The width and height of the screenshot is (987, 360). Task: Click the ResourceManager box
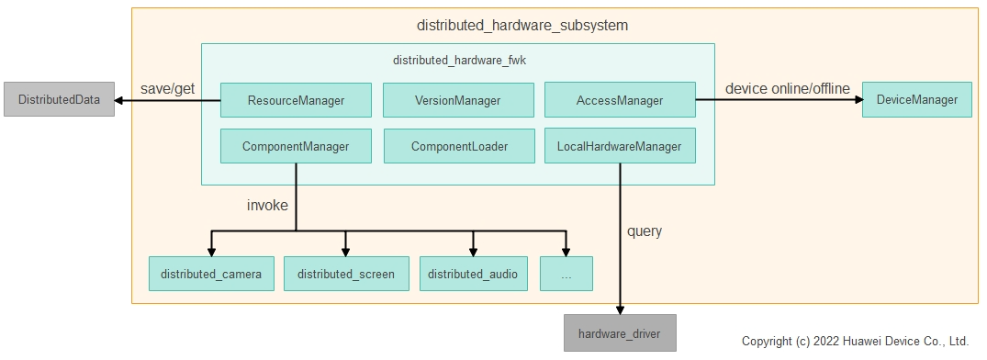click(x=296, y=100)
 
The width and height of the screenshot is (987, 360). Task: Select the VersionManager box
click(x=458, y=100)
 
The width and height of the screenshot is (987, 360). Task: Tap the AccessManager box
click(x=620, y=100)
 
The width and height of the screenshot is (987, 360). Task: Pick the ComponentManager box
click(x=296, y=146)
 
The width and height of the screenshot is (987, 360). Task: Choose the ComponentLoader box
click(x=458, y=146)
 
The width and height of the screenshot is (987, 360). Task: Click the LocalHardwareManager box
click(x=620, y=146)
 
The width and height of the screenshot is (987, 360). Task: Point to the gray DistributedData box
click(x=59, y=99)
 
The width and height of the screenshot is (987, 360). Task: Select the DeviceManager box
click(x=916, y=99)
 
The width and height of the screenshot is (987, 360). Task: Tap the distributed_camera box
click(x=211, y=274)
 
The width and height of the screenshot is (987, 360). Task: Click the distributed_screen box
click(x=346, y=274)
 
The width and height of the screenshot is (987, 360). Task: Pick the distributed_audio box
click(x=473, y=274)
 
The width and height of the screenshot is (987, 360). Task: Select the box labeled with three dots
click(x=566, y=274)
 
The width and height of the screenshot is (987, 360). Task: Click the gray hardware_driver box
click(x=620, y=333)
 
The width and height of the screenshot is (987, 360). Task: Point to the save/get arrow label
click(x=167, y=88)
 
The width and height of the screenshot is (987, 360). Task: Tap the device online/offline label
click(x=788, y=88)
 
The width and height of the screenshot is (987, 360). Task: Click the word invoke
click(x=267, y=205)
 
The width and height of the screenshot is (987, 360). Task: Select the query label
click(x=645, y=231)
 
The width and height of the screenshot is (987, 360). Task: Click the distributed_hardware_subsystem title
click(x=522, y=26)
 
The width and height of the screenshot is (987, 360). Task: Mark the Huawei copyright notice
click(x=855, y=341)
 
